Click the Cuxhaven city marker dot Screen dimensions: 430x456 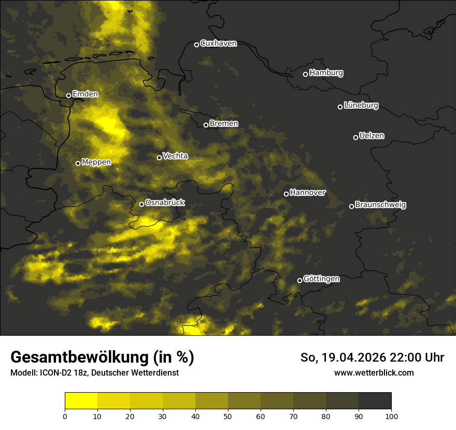(x=196, y=45)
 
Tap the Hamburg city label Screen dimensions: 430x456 (x=326, y=73)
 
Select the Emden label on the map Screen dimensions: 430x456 (x=85, y=94)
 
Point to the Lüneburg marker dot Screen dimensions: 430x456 (x=340, y=107)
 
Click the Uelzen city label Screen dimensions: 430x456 (x=372, y=136)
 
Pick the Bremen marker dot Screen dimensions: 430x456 (x=206, y=125)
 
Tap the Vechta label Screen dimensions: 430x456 (x=175, y=156)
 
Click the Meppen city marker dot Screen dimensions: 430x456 (x=78, y=163)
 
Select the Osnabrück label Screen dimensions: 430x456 (x=165, y=203)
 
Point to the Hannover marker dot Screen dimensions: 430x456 (x=286, y=194)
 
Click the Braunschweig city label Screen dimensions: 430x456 (x=380, y=205)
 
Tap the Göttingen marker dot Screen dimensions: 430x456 (x=300, y=280)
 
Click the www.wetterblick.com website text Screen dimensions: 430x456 (x=374, y=372)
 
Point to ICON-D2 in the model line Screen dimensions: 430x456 (x=55, y=373)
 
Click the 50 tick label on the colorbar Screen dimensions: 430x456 (x=228, y=416)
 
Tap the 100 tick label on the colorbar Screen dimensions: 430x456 (x=391, y=416)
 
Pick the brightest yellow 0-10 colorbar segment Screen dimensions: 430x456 (x=81, y=401)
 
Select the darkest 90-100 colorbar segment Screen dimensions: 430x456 (x=375, y=401)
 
